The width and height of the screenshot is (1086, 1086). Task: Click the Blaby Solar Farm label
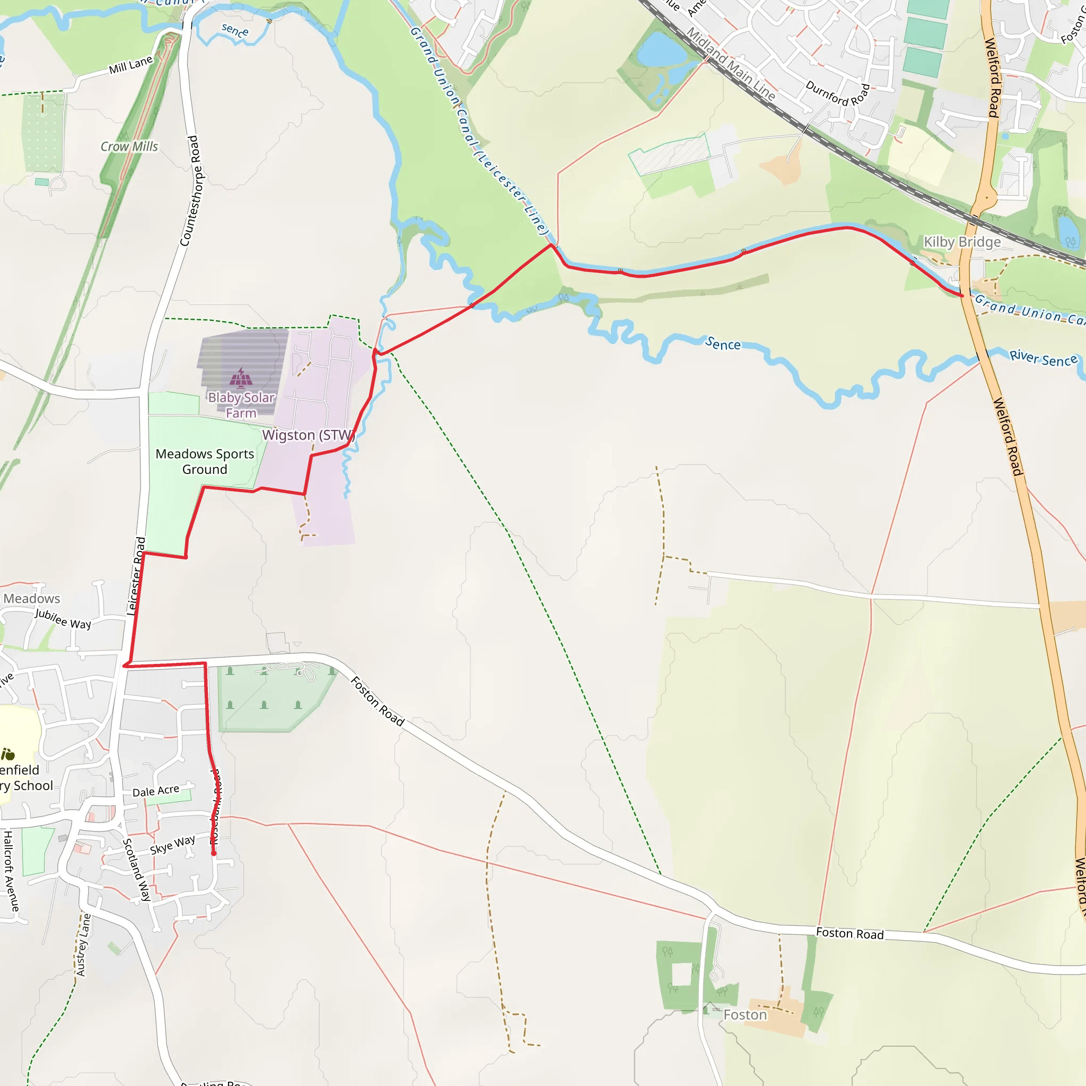(x=241, y=405)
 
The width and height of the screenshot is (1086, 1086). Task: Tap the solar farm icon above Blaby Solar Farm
(x=241, y=378)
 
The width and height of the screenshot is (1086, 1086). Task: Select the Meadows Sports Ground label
(x=205, y=461)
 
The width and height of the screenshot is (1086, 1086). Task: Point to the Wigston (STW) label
(x=308, y=435)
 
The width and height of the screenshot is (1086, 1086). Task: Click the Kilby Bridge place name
(x=962, y=242)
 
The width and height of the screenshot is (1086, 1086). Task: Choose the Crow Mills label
(x=129, y=147)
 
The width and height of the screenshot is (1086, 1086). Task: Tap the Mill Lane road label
(x=130, y=65)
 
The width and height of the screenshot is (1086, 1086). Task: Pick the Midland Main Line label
(x=731, y=64)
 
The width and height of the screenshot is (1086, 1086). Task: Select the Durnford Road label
(x=837, y=93)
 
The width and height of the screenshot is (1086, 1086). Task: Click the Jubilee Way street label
(x=63, y=619)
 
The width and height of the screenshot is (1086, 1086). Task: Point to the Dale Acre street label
(x=156, y=791)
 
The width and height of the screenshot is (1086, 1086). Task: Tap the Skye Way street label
(x=172, y=845)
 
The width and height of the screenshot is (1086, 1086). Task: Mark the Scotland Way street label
(x=137, y=870)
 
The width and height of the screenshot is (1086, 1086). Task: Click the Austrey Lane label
(x=83, y=945)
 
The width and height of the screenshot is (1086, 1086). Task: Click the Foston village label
(x=745, y=1014)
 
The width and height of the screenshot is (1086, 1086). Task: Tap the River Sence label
(x=1043, y=358)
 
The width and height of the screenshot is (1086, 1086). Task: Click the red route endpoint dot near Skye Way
(x=214, y=853)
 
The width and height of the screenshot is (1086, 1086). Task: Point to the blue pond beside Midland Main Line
(x=662, y=49)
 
